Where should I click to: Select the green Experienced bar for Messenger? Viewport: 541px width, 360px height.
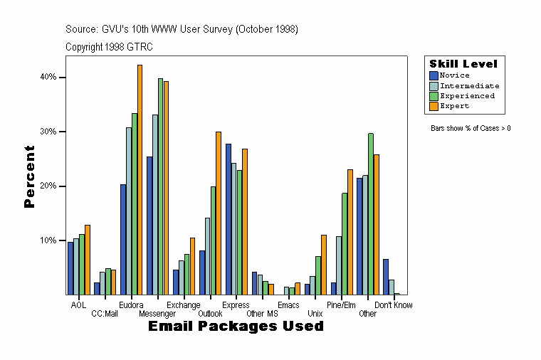click(x=161, y=186)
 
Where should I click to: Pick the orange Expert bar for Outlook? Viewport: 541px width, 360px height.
click(x=219, y=213)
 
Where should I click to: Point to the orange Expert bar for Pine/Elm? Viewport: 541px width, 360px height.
click(x=350, y=232)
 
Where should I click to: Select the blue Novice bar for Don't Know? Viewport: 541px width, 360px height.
click(x=386, y=277)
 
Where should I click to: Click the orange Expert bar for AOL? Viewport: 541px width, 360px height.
click(x=88, y=260)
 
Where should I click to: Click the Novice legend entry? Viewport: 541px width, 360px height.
click(x=454, y=75)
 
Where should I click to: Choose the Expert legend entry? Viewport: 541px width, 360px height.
click(x=454, y=106)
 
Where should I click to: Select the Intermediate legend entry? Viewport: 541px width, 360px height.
click(x=469, y=85)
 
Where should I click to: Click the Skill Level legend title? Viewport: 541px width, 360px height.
click(x=463, y=64)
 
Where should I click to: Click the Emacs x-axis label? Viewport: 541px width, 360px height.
click(x=288, y=305)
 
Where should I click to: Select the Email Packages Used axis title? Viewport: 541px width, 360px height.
click(x=236, y=327)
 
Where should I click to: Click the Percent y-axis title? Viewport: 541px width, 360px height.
click(x=29, y=176)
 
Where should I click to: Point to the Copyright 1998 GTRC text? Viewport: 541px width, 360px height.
click(x=109, y=47)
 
